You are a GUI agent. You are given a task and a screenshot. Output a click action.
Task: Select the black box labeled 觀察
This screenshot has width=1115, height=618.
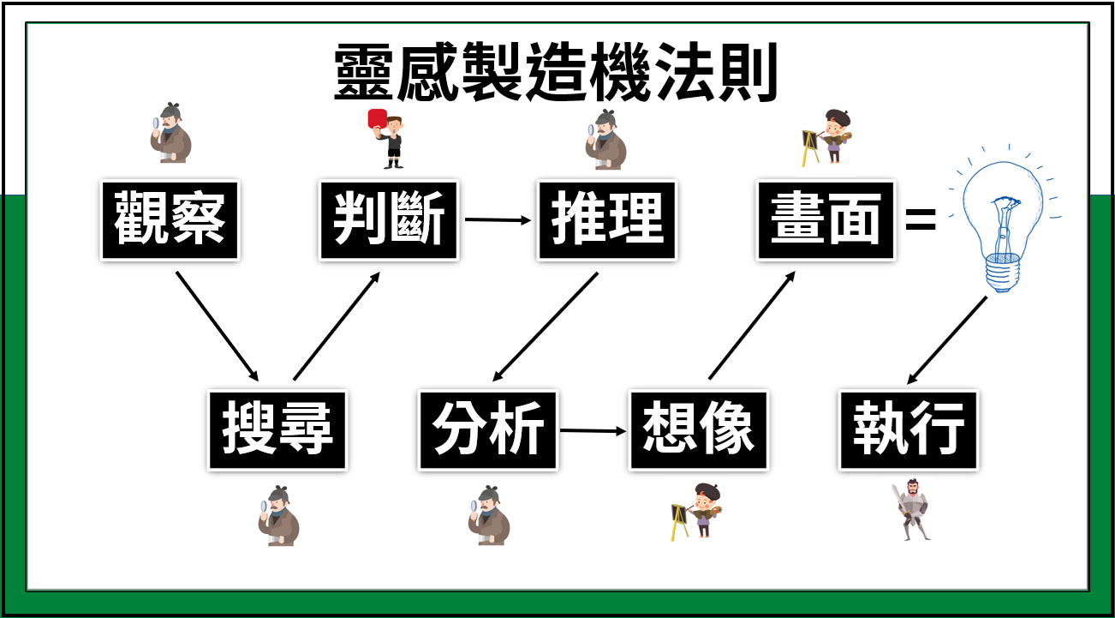point(170,219)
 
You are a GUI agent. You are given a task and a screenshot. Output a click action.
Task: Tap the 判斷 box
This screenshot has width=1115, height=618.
point(389,219)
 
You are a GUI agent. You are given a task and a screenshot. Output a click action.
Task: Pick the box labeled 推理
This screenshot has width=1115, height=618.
point(607,219)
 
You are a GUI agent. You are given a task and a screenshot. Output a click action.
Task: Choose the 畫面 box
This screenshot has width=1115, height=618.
point(826,219)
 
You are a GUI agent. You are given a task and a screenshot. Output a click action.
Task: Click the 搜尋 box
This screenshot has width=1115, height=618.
point(277,429)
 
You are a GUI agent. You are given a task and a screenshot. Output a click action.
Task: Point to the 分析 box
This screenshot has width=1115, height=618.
point(488,429)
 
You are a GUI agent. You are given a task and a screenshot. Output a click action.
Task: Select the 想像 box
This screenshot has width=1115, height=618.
point(699,429)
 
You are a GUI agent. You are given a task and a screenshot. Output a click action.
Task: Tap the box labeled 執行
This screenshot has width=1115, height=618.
point(909,429)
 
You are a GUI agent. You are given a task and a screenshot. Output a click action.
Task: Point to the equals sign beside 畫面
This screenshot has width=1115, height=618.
point(921,221)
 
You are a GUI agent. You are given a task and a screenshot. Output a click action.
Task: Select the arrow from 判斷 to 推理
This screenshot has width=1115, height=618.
point(498,219)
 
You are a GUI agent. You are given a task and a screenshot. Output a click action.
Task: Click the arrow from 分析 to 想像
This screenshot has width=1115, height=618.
point(593,429)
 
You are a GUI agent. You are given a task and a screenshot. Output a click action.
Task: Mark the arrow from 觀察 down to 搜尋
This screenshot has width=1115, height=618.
point(217,326)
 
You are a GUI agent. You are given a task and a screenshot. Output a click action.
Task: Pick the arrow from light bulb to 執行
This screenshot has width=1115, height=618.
point(946,339)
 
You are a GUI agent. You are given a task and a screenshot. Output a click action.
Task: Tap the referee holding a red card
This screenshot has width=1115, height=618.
point(388,138)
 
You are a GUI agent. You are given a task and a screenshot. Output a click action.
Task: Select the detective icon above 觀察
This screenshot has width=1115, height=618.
point(170,134)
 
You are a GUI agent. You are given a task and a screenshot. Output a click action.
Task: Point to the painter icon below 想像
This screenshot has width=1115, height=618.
point(696,511)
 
